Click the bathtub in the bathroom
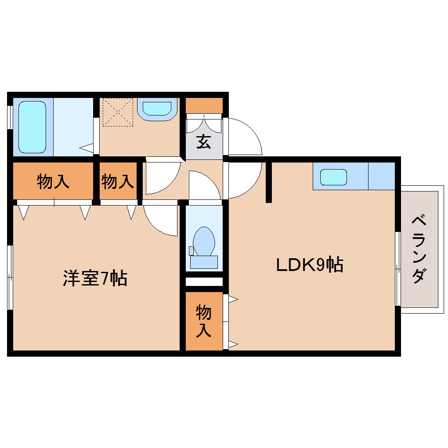pyautogui.click(x=32, y=127)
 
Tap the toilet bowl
pyautogui.click(x=204, y=241)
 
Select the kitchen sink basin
pyautogui.click(x=333, y=177)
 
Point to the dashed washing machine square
pyautogui.click(x=117, y=112)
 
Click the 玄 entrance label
pyautogui.click(x=203, y=142)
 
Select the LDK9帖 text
pyautogui.click(x=309, y=265)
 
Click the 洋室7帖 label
pyautogui.click(x=95, y=278)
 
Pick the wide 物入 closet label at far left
pyautogui.click(x=53, y=181)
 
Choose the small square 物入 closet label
pyautogui.click(x=117, y=181)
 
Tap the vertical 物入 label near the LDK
pyautogui.click(x=203, y=321)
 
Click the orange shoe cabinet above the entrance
pyautogui.click(x=204, y=106)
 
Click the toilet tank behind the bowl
pyautogui.click(x=204, y=262)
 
